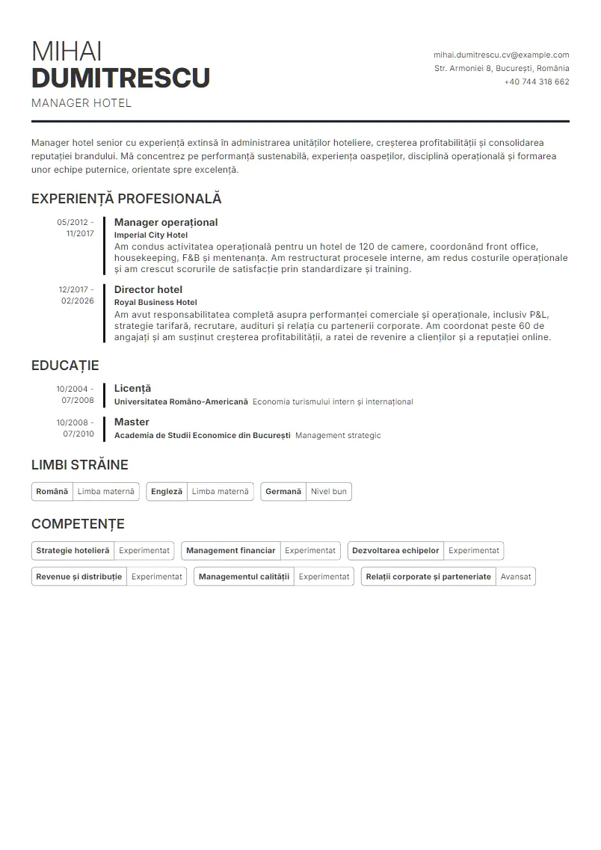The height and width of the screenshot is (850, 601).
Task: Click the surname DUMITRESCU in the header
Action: [x=120, y=78]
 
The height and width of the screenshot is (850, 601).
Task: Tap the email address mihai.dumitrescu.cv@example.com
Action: [x=501, y=55]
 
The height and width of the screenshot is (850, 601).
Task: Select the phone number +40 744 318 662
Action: [x=536, y=82]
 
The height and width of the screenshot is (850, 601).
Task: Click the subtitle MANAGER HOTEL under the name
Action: [x=81, y=103]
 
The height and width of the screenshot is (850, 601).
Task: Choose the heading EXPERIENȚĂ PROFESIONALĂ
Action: [x=126, y=199]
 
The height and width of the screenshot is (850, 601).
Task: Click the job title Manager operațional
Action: [x=166, y=222]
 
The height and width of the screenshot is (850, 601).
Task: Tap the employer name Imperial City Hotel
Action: [x=151, y=235]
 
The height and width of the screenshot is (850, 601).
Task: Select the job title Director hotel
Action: [x=148, y=289]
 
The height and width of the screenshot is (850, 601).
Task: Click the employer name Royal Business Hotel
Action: [x=155, y=302]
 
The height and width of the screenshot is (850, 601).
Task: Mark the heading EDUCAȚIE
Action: [x=65, y=366]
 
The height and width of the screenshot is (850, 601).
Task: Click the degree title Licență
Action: [x=132, y=388]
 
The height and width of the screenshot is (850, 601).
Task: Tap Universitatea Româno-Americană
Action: [x=181, y=401]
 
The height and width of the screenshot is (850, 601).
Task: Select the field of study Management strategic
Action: [x=338, y=435]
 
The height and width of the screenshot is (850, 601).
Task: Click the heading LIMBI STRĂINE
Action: [x=80, y=465]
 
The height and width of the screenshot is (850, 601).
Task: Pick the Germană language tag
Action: [x=283, y=491]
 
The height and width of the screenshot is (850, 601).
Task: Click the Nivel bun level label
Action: [x=329, y=491]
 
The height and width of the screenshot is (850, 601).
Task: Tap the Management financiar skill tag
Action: [x=231, y=550]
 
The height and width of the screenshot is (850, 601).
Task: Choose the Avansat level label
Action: [x=516, y=576]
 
